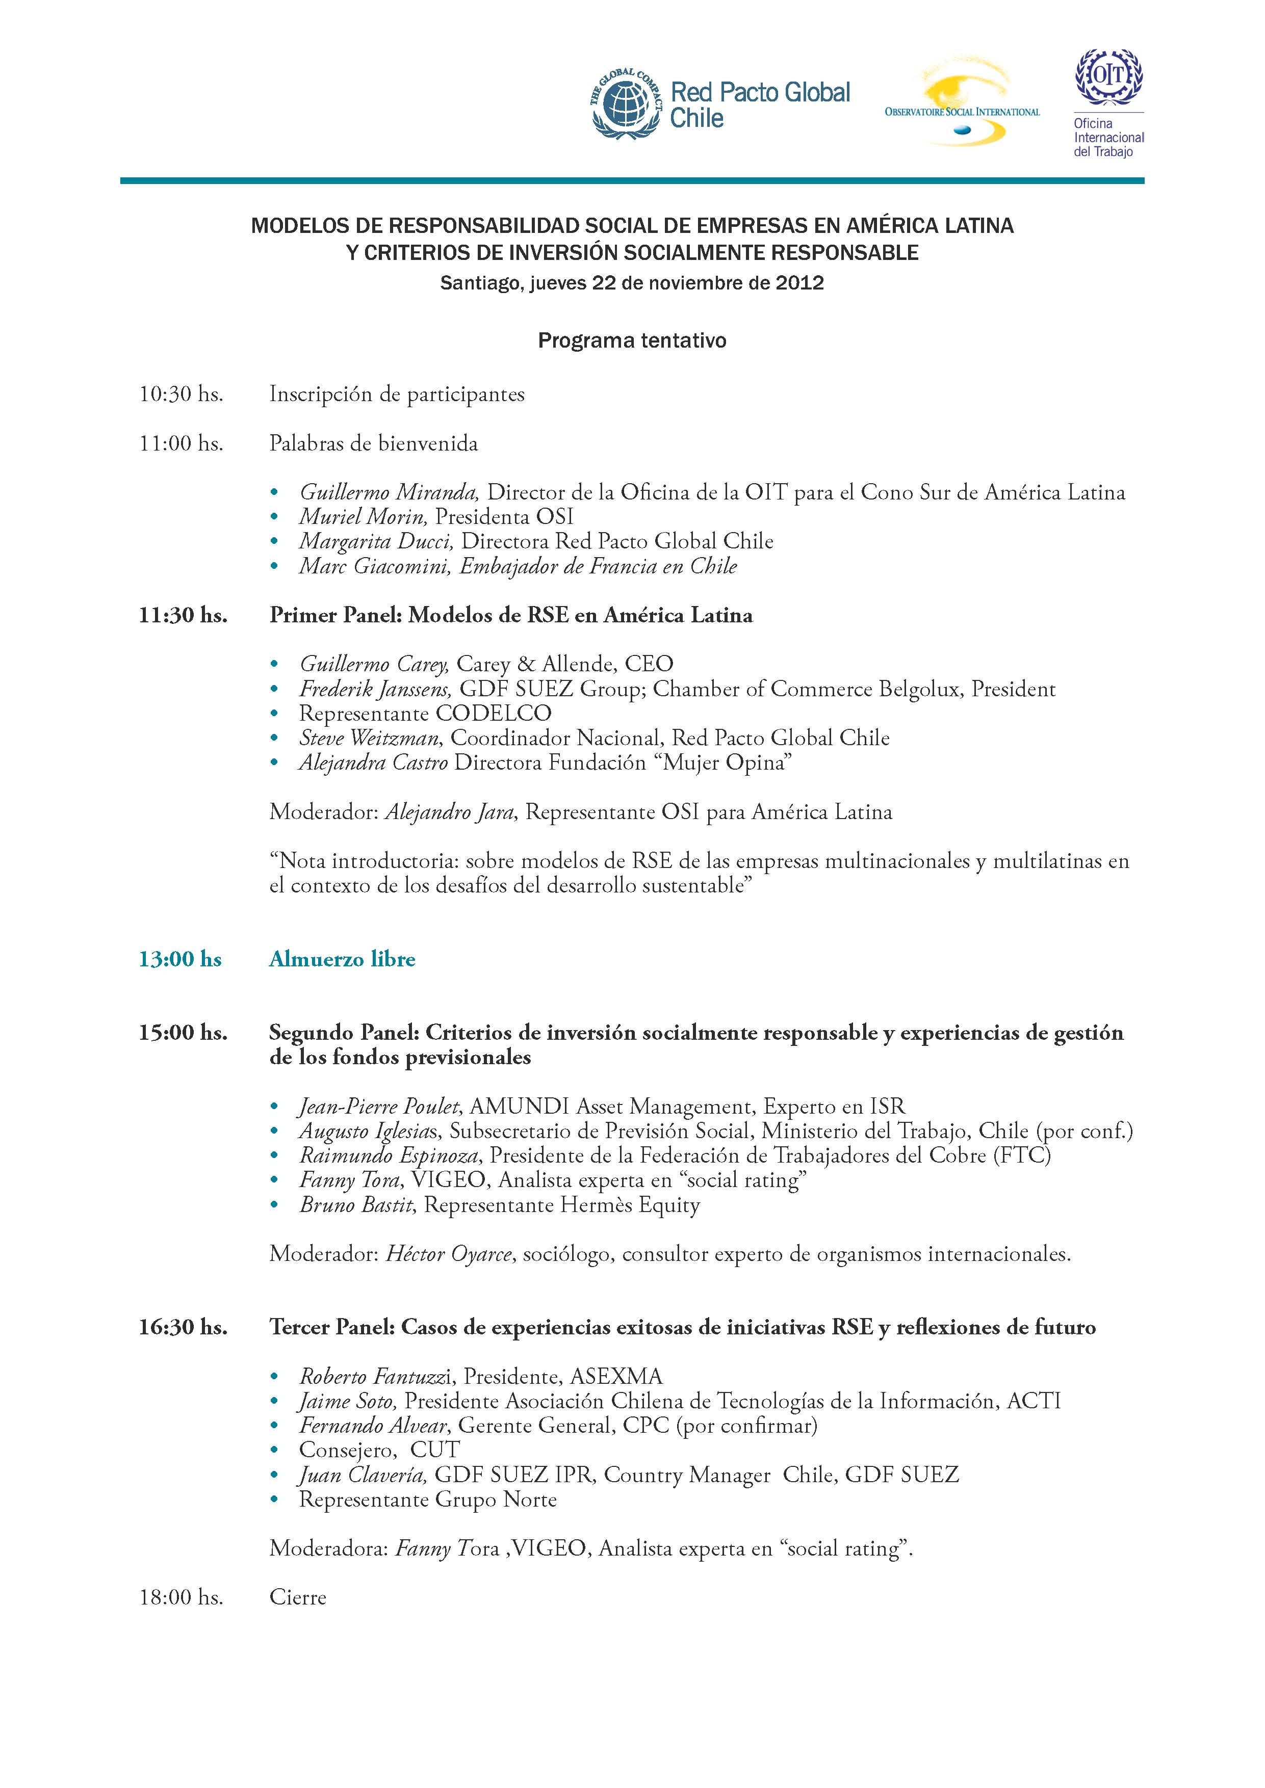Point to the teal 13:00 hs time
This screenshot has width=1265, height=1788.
click(180, 959)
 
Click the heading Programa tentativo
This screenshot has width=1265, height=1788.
click(632, 340)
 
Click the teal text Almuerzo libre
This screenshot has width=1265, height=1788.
click(342, 959)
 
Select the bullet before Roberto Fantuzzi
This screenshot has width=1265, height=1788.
click(273, 1378)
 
